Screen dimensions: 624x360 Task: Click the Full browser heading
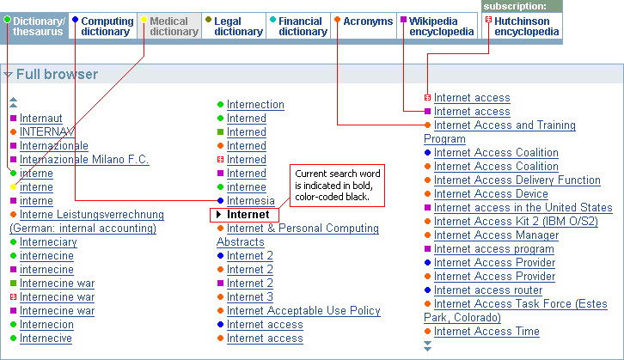point(57,74)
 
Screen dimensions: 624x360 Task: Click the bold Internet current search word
point(248,215)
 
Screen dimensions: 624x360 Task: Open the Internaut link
point(41,119)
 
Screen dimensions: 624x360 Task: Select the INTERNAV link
point(47,131)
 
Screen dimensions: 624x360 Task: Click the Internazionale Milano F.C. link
point(84,159)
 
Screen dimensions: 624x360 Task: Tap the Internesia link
point(251,200)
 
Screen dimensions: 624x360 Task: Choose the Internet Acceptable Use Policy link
point(303,310)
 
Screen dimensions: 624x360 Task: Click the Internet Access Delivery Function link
point(517,180)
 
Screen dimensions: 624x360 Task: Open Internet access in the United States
point(523,207)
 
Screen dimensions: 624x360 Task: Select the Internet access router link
point(488,290)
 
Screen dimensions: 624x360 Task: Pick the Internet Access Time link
point(486,331)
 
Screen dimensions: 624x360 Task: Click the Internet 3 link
point(250,296)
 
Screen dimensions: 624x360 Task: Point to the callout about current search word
point(337,186)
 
